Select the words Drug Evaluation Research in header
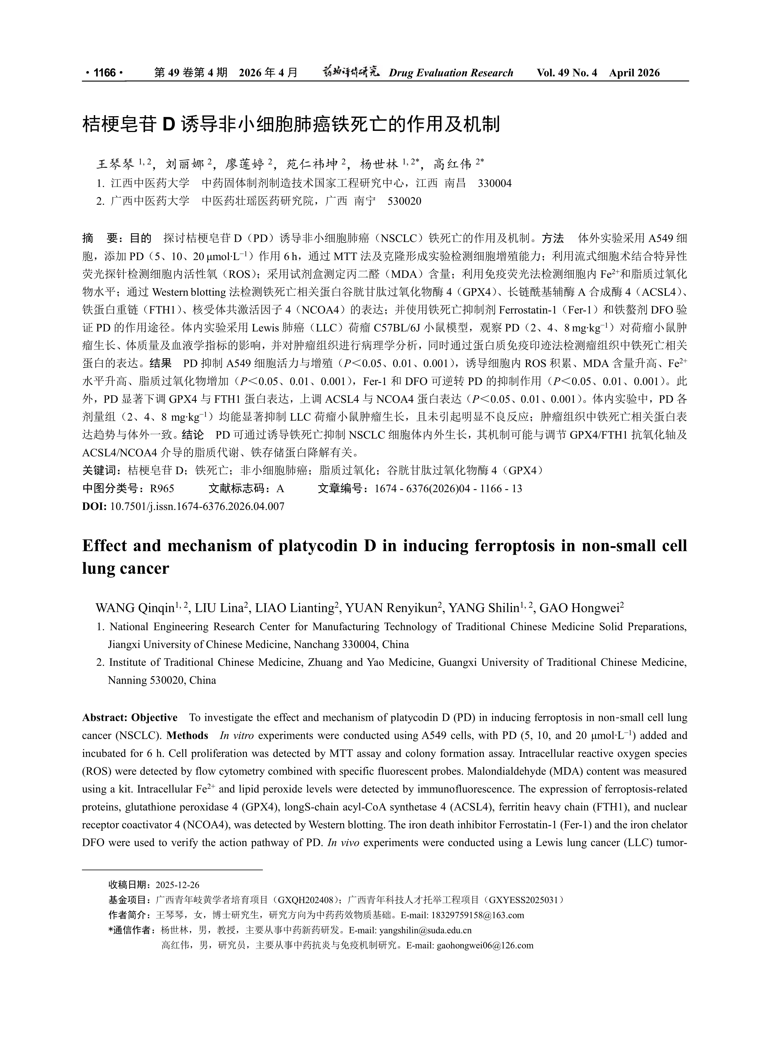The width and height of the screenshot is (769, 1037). (x=451, y=73)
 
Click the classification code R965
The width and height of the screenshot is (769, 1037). (x=161, y=489)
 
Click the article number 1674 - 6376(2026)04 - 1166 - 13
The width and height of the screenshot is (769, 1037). (x=448, y=489)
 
